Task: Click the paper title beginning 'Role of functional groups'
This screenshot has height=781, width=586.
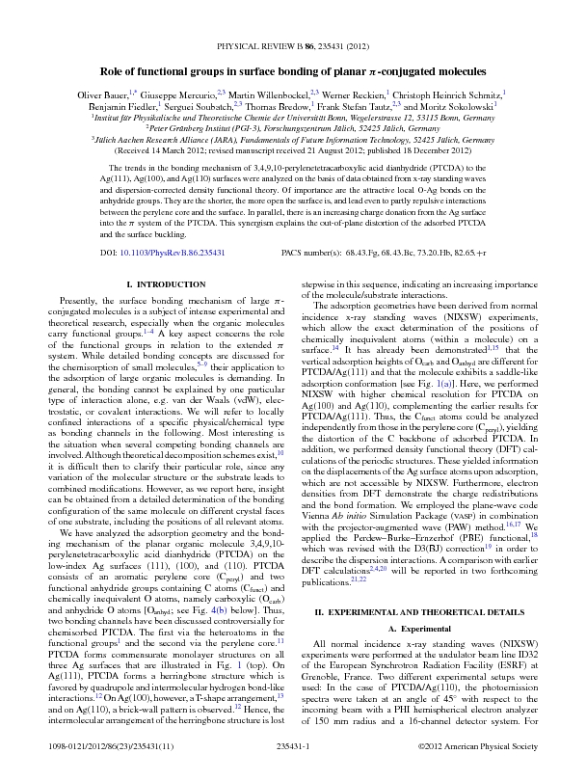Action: (x=292, y=71)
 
